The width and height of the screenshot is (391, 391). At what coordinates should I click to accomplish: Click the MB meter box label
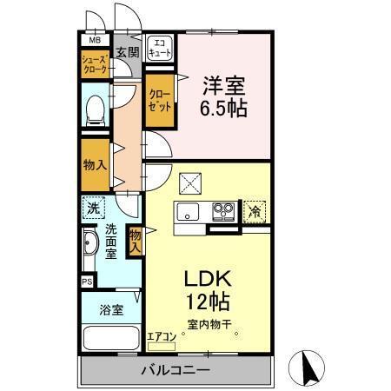point(93,40)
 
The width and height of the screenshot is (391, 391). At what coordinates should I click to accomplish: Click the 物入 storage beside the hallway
point(94,162)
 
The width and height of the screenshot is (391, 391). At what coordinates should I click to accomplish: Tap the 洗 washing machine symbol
point(95,208)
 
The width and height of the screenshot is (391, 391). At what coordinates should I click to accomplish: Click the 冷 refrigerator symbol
point(255,210)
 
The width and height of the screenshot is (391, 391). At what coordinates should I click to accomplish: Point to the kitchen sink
point(189,211)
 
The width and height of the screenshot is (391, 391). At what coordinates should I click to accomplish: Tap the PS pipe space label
point(87,282)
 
